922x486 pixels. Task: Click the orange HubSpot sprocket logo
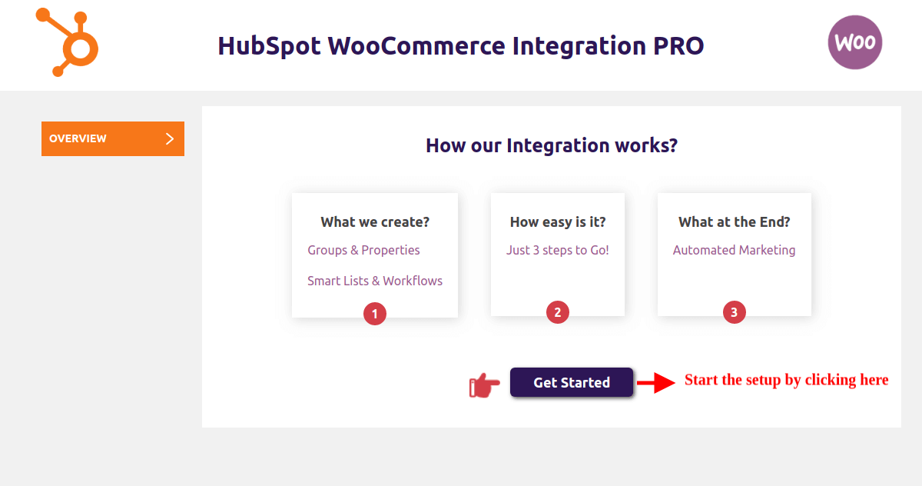click(x=79, y=48)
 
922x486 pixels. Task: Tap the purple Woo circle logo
click(x=855, y=42)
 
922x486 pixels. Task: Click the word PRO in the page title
click(x=678, y=45)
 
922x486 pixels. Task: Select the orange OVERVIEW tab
click(x=113, y=138)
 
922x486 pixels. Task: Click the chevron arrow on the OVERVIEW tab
click(x=170, y=138)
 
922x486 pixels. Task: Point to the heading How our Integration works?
click(x=552, y=145)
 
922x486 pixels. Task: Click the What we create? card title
click(x=375, y=222)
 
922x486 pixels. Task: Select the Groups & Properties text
click(x=363, y=250)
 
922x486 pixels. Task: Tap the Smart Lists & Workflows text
click(x=375, y=281)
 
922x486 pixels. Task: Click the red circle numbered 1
click(x=375, y=314)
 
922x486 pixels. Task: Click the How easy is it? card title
click(x=558, y=222)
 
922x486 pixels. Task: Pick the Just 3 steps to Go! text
click(x=558, y=250)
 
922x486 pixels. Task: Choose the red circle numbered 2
click(x=558, y=312)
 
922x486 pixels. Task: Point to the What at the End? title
click(x=735, y=222)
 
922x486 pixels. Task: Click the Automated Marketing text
click(x=735, y=250)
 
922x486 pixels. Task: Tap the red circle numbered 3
click(x=735, y=312)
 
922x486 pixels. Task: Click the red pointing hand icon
click(x=485, y=385)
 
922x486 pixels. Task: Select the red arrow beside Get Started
click(x=656, y=383)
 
